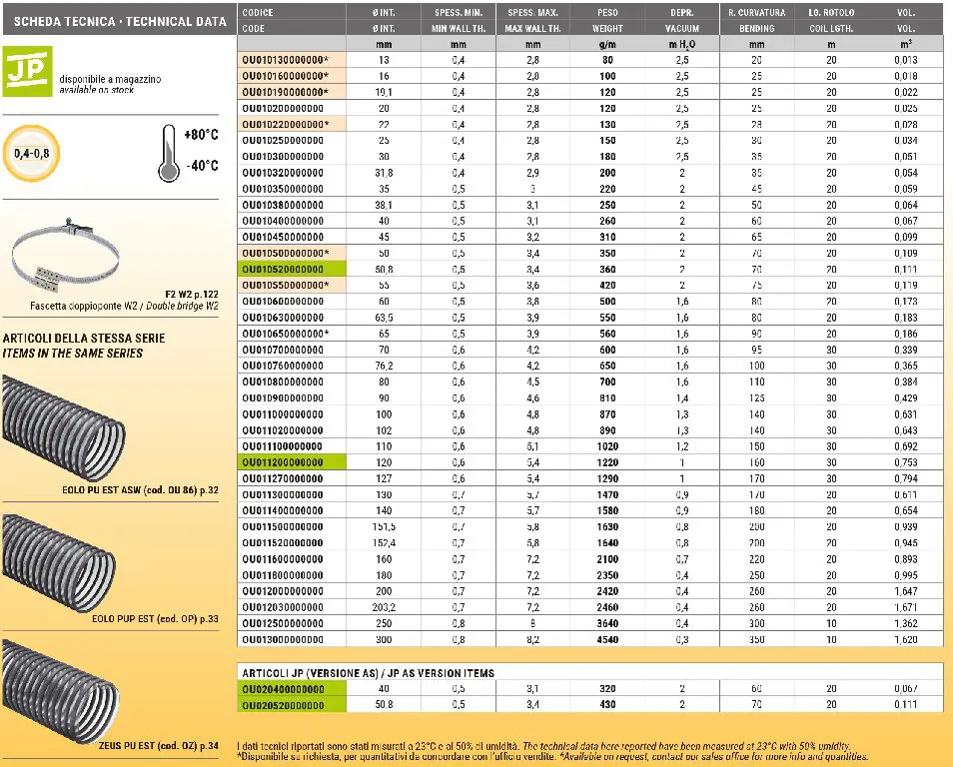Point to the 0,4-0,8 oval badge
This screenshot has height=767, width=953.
[x=33, y=152]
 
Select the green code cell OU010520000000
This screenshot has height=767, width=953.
[x=284, y=270]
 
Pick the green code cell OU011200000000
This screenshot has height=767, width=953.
[x=283, y=461]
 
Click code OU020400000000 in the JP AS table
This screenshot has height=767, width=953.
[x=284, y=689]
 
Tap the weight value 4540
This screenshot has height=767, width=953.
[x=607, y=639]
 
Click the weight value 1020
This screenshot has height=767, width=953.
[x=607, y=445]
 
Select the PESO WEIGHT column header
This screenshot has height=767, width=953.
[x=607, y=21]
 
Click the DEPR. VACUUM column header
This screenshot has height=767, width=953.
[x=682, y=21]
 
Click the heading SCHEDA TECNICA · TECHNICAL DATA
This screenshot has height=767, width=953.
[x=117, y=20]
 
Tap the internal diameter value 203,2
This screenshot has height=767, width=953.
[x=383, y=607]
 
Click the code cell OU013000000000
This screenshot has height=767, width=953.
[x=284, y=639]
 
